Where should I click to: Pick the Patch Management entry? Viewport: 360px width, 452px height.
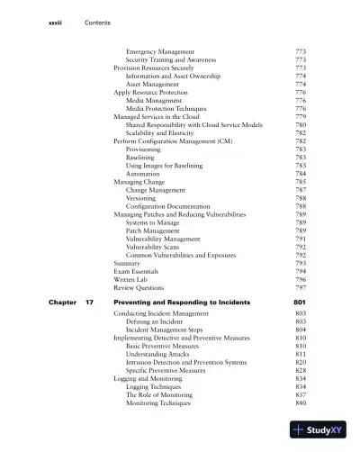click(x=157, y=231)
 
